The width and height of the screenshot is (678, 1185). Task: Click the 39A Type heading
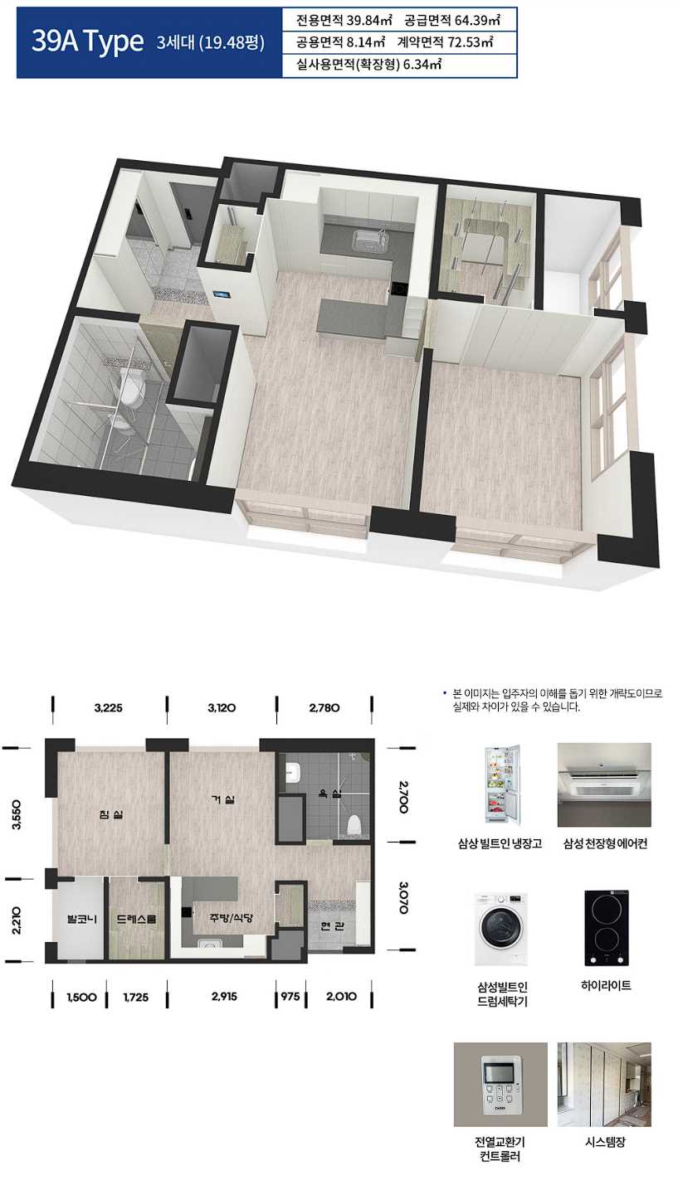pos(88,41)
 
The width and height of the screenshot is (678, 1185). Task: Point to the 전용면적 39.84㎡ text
pos(344,21)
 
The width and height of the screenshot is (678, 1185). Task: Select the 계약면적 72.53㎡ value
pos(445,42)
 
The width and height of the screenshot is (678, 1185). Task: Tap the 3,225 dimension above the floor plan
pos(109,708)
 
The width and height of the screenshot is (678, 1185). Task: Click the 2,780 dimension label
pos(324,708)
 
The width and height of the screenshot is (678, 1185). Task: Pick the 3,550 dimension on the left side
pos(17,815)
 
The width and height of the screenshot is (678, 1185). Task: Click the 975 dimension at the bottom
pos(290,997)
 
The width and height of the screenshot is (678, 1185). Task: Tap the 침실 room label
pos(110,814)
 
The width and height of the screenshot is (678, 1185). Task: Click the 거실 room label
pos(222,799)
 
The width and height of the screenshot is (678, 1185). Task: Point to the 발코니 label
pos(81,919)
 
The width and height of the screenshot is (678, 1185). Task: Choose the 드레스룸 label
pos(136,919)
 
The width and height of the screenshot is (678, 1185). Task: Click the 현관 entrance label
pos(333,925)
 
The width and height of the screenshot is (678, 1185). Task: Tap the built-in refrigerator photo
pos(502,784)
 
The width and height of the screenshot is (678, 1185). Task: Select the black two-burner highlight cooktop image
pos(606,928)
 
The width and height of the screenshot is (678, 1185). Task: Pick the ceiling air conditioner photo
pos(604,785)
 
